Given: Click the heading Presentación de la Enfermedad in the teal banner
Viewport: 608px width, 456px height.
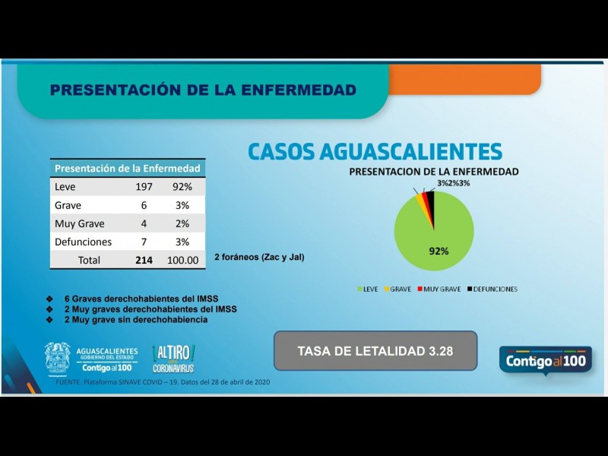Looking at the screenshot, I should [203, 90].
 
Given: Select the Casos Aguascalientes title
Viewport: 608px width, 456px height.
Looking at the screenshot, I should [375, 150].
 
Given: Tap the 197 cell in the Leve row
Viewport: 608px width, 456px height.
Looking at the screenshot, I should [144, 187].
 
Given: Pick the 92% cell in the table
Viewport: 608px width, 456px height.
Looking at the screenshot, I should [182, 187].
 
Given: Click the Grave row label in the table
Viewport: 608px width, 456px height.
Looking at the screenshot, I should [68, 205].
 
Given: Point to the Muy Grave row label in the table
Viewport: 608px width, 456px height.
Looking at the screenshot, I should [79, 223].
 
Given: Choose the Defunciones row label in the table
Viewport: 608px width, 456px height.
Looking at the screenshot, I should [83, 242].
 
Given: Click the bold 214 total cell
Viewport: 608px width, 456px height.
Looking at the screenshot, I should [144, 260].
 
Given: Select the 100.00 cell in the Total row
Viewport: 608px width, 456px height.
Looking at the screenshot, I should [182, 260].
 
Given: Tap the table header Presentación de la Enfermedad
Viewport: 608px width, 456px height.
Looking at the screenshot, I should [128, 168].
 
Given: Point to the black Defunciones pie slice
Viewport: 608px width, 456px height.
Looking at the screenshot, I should [430, 204].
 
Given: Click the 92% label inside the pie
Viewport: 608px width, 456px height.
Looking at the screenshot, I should [439, 251].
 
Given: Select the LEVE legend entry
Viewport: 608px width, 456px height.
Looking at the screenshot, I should [368, 290].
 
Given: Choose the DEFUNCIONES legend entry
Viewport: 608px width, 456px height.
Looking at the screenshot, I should [492, 290].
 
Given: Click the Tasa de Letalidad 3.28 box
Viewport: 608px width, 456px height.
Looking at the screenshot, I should [375, 351].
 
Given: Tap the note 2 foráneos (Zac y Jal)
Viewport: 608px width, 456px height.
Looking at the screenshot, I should [259, 258].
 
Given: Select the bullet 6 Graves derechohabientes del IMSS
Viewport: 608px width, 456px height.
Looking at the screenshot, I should [144, 299].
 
